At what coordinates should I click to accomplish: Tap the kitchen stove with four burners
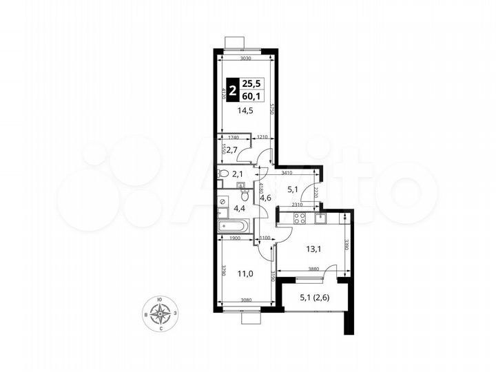click(300, 218)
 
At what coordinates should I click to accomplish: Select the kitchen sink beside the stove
click(321, 218)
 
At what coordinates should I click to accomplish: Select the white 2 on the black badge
click(235, 91)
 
